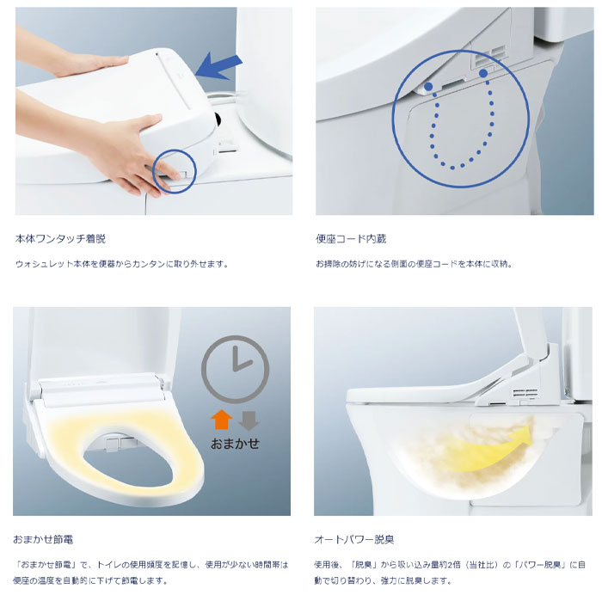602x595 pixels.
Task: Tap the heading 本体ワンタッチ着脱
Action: click(61, 238)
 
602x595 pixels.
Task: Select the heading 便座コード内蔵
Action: click(350, 238)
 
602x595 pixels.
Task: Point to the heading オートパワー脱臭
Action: click(354, 539)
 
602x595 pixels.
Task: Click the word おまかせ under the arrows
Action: click(234, 445)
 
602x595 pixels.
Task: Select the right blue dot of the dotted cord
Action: click(483, 74)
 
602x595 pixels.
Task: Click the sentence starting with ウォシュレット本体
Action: click(121, 264)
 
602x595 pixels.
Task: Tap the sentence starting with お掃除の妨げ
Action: click(414, 264)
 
